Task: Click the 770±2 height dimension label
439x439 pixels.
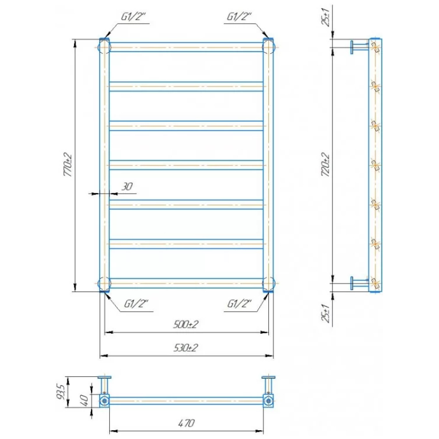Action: coord(68,165)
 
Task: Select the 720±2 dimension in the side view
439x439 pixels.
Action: coord(325,165)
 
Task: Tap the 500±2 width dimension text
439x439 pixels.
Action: coord(186,324)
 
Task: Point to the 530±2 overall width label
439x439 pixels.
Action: coord(186,348)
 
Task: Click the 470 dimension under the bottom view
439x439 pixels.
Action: coord(187,423)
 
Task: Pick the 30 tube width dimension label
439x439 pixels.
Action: coord(127,187)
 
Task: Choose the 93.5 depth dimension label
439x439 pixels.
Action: coord(61,392)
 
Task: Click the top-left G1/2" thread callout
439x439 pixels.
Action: coord(133,17)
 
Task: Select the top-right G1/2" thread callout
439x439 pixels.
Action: coord(239,17)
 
